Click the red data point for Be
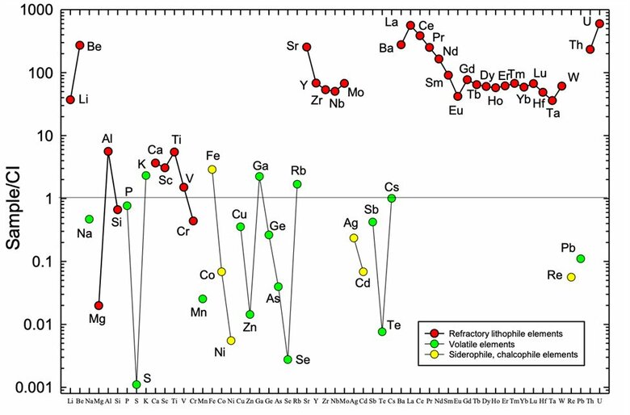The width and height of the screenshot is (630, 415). [80, 45]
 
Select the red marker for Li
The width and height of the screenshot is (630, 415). [70, 99]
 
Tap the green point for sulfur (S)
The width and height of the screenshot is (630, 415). [136, 384]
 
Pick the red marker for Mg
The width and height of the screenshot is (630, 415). [99, 305]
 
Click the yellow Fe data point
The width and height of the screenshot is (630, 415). [212, 169]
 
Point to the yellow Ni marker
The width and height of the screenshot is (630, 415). [231, 341]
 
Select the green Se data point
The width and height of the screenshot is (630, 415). [288, 359]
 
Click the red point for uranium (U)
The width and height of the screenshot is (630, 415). [599, 23]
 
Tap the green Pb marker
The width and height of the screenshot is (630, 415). [581, 258]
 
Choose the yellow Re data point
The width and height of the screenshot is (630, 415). [571, 277]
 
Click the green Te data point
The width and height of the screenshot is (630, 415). [382, 332]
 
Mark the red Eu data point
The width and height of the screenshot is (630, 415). [457, 96]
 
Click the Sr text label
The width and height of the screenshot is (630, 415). [292, 45]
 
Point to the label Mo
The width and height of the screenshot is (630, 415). [355, 93]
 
